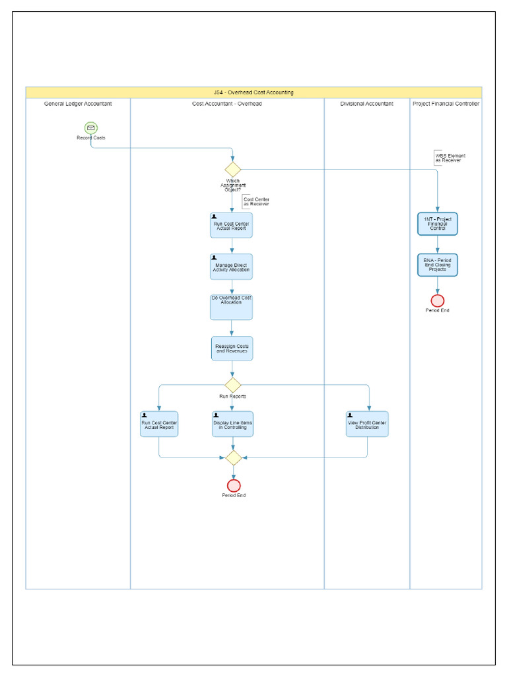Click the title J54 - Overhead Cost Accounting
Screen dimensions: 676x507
click(x=253, y=92)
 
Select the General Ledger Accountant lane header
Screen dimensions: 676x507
click(x=78, y=104)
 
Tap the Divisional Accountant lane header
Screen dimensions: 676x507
click(x=366, y=104)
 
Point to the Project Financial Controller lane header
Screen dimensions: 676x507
click(x=446, y=104)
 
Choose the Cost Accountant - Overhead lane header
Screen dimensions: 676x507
click(x=227, y=104)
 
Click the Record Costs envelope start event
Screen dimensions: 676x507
click(x=91, y=127)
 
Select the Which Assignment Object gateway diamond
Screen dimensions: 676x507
click(x=232, y=170)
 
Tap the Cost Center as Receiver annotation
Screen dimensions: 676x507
click(x=256, y=202)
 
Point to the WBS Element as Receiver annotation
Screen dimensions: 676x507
click(x=450, y=158)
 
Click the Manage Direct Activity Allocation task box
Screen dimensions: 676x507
click(x=232, y=266)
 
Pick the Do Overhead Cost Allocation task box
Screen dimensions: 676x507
click(x=232, y=307)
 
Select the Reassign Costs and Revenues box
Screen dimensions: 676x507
click(x=232, y=348)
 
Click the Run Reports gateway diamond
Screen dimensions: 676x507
click(x=232, y=385)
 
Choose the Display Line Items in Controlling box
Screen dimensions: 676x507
click(x=232, y=424)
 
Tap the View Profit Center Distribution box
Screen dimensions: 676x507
click(x=367, y=424)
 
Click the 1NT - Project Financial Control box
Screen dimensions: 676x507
click(x=437, y=224)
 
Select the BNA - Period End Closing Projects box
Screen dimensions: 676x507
click(x=437, y=265)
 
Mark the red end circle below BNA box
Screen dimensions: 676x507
click(x=437, y=300)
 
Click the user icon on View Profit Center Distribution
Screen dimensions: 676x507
click(x=350, y=415)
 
